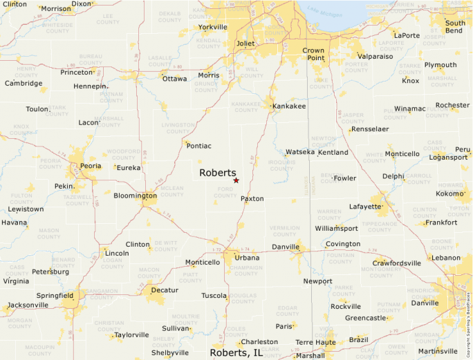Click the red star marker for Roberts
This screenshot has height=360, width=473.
pos(236,180)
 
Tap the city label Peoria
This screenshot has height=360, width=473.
pos(90,167)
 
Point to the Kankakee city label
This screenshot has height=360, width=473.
pos(289,106)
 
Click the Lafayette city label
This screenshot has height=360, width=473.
pos(365,207)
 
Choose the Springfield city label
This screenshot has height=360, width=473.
pos(55,296)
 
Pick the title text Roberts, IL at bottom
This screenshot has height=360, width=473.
pos(236,353)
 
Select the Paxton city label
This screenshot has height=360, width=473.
pos(252,199)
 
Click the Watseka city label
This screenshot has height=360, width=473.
pos(300,152)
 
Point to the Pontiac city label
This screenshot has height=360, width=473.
pos(198,146)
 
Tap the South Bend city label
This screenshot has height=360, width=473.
pos(455,27)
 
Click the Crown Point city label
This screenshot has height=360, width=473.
pos(313,55)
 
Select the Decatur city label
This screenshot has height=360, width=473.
pos(164,290)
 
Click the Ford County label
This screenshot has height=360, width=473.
pos(225,192)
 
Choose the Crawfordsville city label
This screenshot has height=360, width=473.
pos(397,263)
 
